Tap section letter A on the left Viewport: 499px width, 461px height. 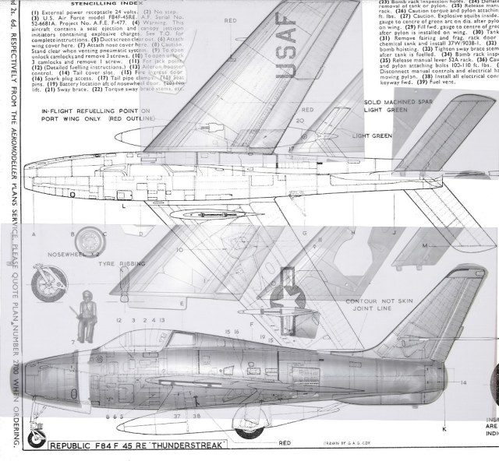coord(33,233)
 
